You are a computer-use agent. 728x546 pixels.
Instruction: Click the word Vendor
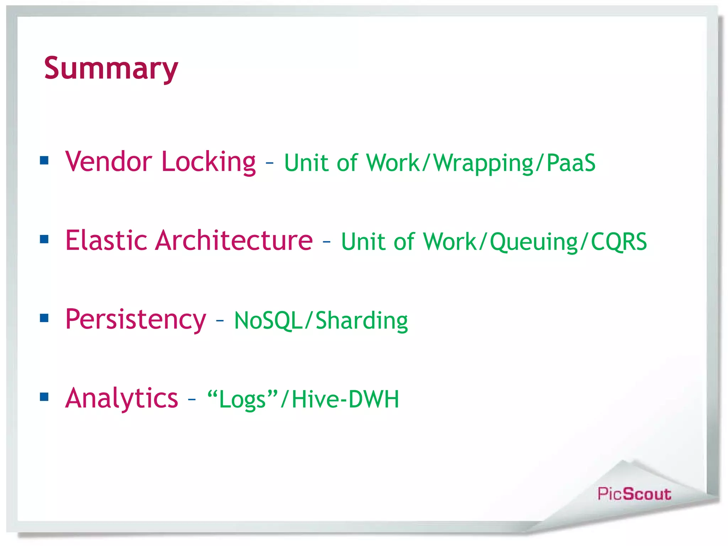click(x=109, y=162)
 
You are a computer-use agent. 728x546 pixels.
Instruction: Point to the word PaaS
click(x=571, y=163)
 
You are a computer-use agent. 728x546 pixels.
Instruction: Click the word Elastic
click(x=106, y=241)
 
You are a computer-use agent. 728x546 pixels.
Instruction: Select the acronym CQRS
click(x=619, y=242)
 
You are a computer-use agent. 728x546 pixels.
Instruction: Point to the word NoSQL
click(x=268, y=321)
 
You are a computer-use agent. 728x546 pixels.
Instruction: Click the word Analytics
click(x=121, y=398)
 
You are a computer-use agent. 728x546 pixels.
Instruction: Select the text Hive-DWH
click(x=345, y=399)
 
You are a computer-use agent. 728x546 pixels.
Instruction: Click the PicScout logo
click(x=634, y=494)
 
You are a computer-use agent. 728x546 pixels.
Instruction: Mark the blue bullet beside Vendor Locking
click(x=44, y=160)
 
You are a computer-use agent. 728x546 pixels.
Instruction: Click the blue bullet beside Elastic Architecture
click(x=44, y=239)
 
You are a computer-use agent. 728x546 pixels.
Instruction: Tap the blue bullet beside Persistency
click(x=44, y=318)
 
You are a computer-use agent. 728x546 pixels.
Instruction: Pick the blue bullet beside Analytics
click(x=44, y=397)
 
